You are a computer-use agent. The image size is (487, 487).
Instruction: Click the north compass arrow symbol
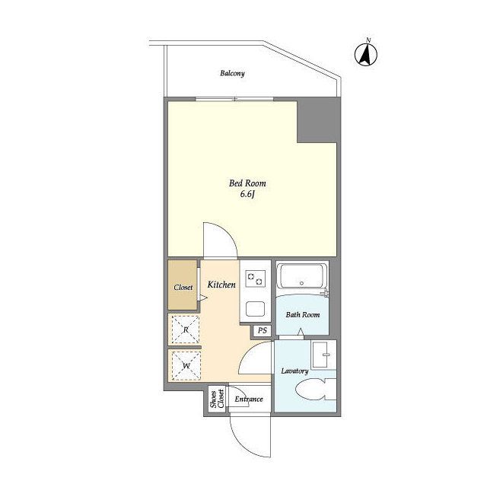[366, 54]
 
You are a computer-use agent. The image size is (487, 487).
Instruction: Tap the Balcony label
[232, 73]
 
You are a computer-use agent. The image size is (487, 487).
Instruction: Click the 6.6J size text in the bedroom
[247, 195]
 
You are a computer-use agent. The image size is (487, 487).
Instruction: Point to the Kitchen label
[221, 285]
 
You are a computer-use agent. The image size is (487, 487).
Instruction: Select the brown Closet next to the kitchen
[183, 285]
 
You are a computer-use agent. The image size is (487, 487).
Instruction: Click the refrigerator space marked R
[186, 329]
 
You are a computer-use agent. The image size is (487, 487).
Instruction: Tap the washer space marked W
[186, 365]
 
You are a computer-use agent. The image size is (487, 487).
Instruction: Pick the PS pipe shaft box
[263, 330]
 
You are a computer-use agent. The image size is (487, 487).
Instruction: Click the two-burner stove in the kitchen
[256, 279]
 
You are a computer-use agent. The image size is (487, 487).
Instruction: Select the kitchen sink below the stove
[256, 309]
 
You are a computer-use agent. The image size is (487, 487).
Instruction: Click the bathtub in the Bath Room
[301, 276]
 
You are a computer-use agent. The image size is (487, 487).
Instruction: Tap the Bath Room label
[303, 314]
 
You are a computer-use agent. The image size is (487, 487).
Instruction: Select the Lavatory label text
[294, 371]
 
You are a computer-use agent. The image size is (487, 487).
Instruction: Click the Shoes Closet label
[217, 399]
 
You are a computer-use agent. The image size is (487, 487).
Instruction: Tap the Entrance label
[249, 399]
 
